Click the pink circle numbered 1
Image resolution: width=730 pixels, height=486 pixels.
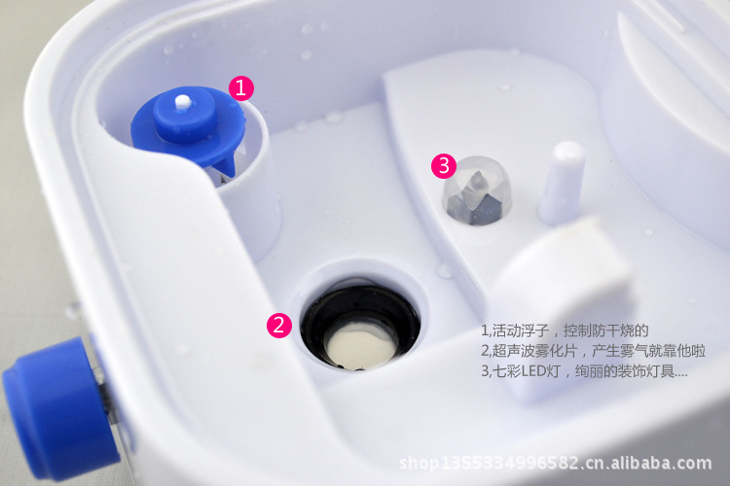coord(241,87)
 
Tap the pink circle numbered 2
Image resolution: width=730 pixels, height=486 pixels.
coord(279,325)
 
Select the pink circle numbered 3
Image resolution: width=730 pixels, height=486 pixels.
coord(444,165)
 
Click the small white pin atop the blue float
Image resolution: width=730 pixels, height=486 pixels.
coord(183,102)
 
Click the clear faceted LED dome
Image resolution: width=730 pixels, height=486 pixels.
coord(476,191)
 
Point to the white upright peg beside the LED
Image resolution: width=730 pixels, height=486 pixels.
coord(563,183)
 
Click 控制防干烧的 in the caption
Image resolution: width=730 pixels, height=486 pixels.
coord(606,330)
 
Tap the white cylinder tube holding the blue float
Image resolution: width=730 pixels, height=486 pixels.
coord(251,195)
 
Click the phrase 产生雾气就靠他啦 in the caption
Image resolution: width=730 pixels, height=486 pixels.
coord(648,351)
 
